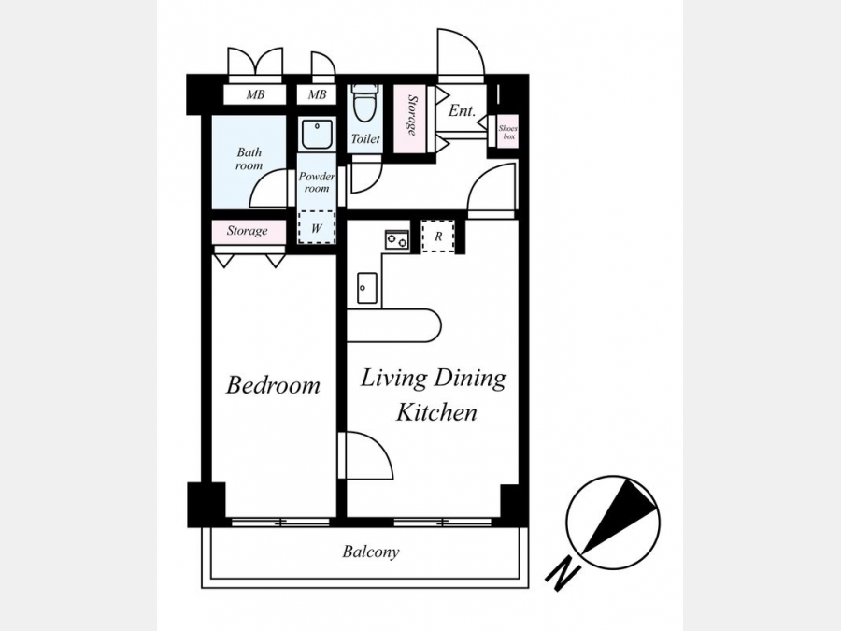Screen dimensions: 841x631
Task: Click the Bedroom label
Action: [273, 385]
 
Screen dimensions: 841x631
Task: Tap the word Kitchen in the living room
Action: [436, 412]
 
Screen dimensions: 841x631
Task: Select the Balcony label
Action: [371, 552]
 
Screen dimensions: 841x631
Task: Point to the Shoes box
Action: [507, 132]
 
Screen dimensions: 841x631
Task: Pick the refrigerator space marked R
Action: [438, 237]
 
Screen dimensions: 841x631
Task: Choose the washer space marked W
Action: [317, 228]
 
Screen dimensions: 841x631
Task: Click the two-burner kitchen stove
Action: [396, 238]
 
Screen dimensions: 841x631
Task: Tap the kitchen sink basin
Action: [367, 288]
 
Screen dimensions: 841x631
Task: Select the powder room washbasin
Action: [317, 134]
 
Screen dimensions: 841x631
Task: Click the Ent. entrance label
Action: [462, 110]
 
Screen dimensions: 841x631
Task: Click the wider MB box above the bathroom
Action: [255, 95]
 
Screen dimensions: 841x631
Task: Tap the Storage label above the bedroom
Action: [247, 231]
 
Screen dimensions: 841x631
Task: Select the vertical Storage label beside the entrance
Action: [412, 115]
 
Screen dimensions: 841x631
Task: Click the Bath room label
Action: [249, 159]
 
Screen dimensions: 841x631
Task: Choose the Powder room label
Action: [317, 182]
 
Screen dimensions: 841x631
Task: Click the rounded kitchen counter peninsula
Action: [393, 325]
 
